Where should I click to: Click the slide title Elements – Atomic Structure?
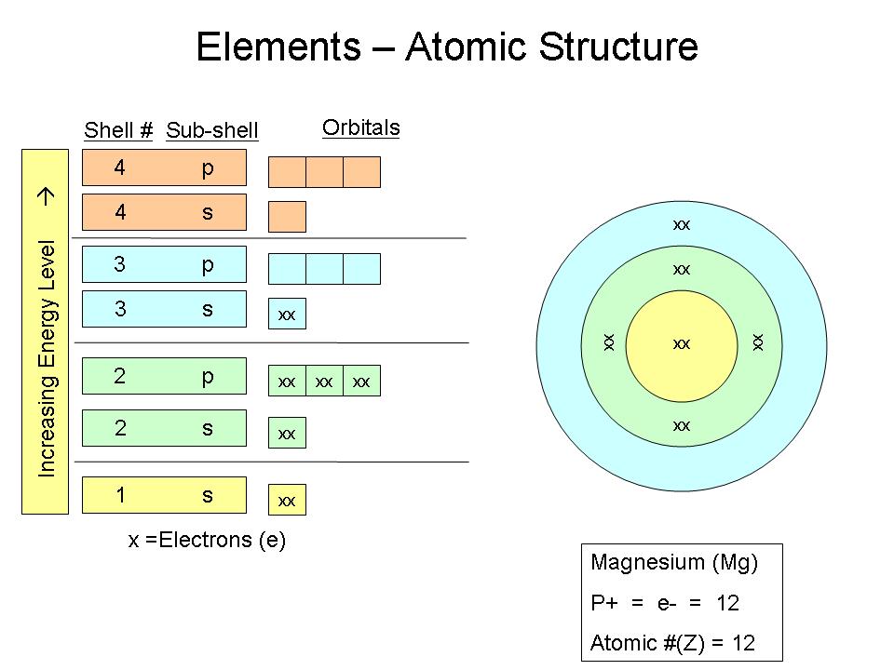[447, 47]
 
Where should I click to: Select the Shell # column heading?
[118, 130]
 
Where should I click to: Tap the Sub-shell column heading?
[211, 130]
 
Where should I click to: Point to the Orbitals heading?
[360, 127]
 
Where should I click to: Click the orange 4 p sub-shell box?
[165, 167]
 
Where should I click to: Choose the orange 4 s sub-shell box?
[165, 212]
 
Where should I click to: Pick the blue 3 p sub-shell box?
[165, 264]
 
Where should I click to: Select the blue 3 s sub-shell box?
[165, 309]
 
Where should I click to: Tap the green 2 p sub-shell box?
[165, 376]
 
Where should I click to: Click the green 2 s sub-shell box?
[165, 428]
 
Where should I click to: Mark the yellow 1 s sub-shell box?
[165, 495]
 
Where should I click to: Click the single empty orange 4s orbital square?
[287, 217]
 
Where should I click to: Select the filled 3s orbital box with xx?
[287, 315]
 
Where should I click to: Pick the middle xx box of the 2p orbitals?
[324, 382]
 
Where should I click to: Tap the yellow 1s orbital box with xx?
[287, 501]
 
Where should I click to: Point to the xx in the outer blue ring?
[682, 224]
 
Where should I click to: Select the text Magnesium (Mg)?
[674, 562]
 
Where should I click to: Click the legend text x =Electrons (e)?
[207, 540]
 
